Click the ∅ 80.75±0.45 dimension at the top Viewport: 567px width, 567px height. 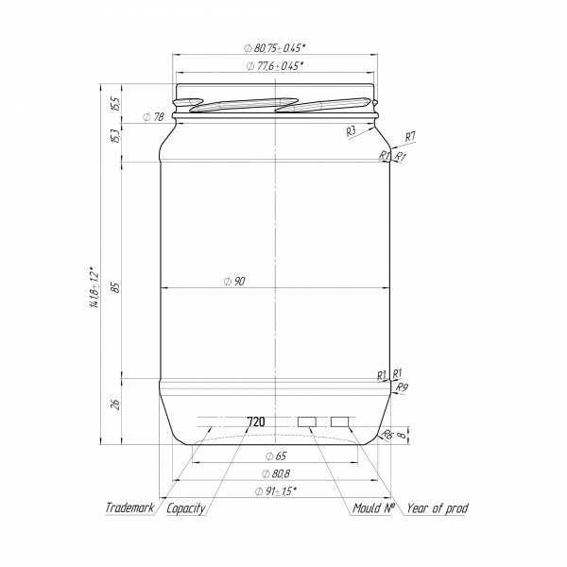click(x=276, y=47)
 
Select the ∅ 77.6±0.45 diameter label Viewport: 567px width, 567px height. click(x=275, y=66)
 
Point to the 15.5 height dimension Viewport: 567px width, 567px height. click(x=114, y=101)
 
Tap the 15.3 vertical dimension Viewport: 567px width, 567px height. click(x=114, y=136)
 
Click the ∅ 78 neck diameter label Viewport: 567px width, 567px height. click(x=153, y=117)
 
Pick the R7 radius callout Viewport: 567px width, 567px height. click(x=410, y=137)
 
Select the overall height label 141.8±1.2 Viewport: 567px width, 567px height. click(x=93, y=287)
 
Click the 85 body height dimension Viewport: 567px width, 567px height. click(x=114, y=286)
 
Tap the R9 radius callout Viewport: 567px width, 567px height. click(x=402, y=387)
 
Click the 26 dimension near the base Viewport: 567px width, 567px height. click(x=114, y=404)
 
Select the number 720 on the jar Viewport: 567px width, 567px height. click(x=255, y=421)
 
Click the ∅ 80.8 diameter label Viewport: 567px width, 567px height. click(x=275, y=473)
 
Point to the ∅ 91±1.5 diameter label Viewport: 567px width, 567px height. click(x=276, y=490)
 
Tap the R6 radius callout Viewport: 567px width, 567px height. click(x=387, y=435)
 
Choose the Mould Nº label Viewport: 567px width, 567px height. click(x=374, y=508)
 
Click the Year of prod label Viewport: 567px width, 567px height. click(x=437, y=508)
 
